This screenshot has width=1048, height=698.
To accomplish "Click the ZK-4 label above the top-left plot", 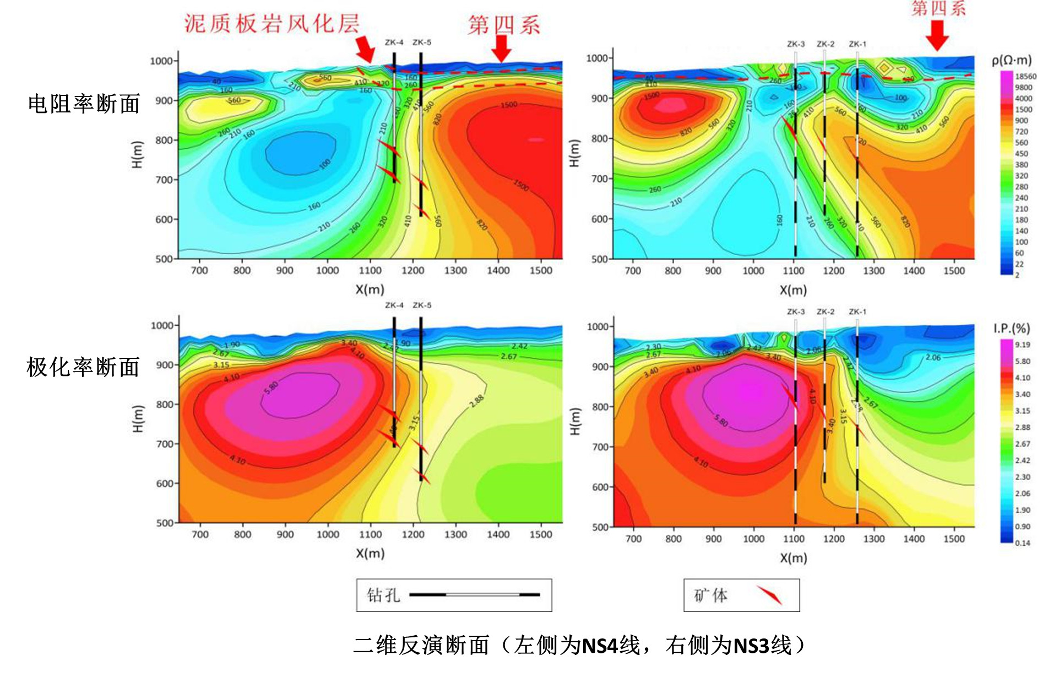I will coord(394,42).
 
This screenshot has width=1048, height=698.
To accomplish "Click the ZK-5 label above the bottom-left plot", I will coord(422,305).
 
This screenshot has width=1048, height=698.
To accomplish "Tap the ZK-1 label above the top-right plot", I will coord(857,44).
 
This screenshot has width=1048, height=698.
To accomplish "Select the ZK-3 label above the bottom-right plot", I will coord(796,312).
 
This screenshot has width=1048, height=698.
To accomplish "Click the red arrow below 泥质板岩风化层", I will coord(364,49).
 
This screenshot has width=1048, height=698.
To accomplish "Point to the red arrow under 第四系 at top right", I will coord(937,35).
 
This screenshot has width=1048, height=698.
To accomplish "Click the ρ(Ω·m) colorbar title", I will coord(1012,60).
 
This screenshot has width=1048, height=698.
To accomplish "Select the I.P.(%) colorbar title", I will coord(1012,329).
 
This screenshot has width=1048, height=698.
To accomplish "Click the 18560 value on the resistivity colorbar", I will coord(1025,77).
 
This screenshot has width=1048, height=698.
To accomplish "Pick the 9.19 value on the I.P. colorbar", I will coord(1022,345).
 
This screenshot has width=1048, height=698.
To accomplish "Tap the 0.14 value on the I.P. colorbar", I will coord(1022,543).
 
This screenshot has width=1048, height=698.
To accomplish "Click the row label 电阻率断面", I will coord(84,104).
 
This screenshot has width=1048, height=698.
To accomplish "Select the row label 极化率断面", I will coord(83,367).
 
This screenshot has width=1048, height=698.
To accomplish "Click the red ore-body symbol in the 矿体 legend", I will coord(769,594).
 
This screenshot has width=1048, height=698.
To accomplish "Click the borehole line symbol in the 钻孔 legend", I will coord(474,594).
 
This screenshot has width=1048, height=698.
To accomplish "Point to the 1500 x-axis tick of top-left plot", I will coord(541,271).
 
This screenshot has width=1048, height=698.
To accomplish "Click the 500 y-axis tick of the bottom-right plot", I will coord(600,528).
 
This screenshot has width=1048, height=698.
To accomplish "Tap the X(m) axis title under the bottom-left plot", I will coord(370,554).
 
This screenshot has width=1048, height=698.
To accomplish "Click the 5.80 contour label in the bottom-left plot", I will coord(271,387).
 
